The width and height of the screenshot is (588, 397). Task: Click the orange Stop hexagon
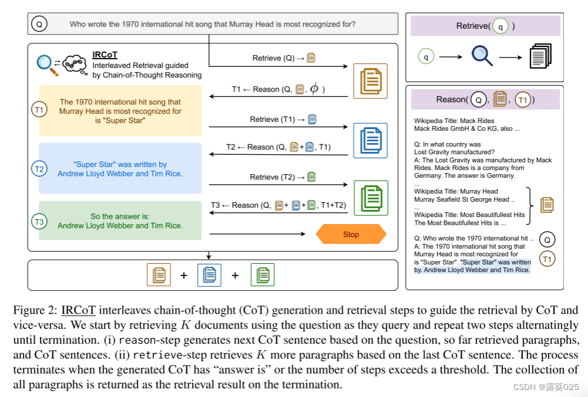pos(351,235)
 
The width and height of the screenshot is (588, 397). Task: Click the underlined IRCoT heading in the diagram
pos(105,55)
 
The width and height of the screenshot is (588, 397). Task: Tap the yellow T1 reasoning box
pos(120,111)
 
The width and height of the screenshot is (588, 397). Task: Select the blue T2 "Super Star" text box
pos(120,169)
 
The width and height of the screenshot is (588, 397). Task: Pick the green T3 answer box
pos(120,220)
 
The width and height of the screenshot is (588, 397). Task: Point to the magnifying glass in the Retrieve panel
pos(482,56)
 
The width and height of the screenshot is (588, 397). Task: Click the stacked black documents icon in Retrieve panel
pos(540,56)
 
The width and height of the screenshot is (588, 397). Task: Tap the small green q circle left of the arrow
pos(425,56)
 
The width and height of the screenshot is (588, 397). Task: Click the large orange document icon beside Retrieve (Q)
pos(370,81)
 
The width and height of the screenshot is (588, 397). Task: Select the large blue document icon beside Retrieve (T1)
pos(370,140)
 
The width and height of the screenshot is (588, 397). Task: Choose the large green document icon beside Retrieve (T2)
pos(370,198)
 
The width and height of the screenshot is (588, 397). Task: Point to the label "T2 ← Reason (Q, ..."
pos(278,147)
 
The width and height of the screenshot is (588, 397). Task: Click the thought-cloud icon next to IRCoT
pos(75,63)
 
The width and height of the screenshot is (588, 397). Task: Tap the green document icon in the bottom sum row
pos(262,274)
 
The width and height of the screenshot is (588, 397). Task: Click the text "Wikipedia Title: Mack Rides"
pos(446,121)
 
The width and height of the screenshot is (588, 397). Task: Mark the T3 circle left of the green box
pos(39,222)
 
